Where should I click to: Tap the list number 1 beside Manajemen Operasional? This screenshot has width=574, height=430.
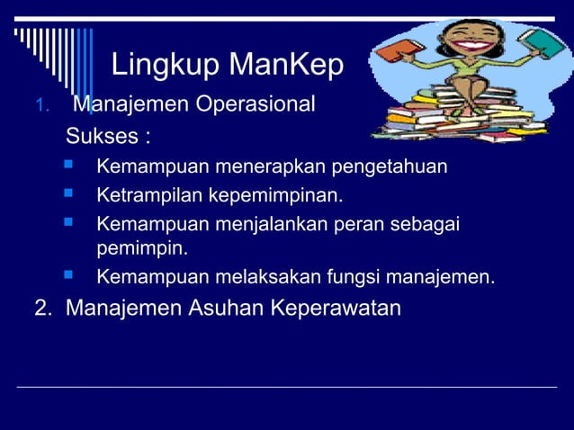[39, 107]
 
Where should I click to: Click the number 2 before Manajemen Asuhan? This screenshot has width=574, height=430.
[41, 308]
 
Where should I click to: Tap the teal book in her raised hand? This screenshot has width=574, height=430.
[543, 42]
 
